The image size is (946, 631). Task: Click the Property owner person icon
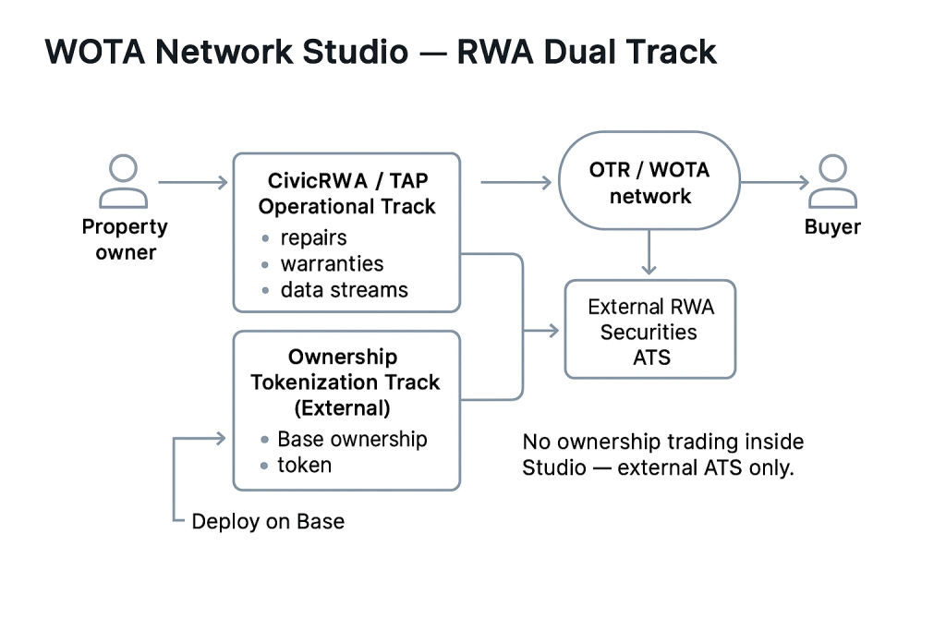point(124,182)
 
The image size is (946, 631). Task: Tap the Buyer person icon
point(832,182)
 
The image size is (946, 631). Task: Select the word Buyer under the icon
point(832,227)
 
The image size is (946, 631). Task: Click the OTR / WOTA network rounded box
point(649,183)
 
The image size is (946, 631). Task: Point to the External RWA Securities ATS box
point(649,331)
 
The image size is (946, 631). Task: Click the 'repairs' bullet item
point(313,237)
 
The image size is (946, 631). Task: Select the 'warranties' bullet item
point(332,264)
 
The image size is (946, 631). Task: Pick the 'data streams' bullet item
point(344,290)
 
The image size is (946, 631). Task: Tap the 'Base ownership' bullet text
point(352,439)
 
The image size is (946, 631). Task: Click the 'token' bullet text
point(304,465)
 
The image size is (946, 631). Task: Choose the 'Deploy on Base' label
point(268,521)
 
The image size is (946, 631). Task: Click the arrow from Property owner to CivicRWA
point(193,183)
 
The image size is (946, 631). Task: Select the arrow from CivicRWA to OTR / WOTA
point(515,183)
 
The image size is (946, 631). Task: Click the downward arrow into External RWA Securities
point(649,253)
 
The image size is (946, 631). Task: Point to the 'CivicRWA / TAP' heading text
point(346,180)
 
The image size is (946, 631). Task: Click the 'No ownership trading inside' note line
point(662,442)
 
